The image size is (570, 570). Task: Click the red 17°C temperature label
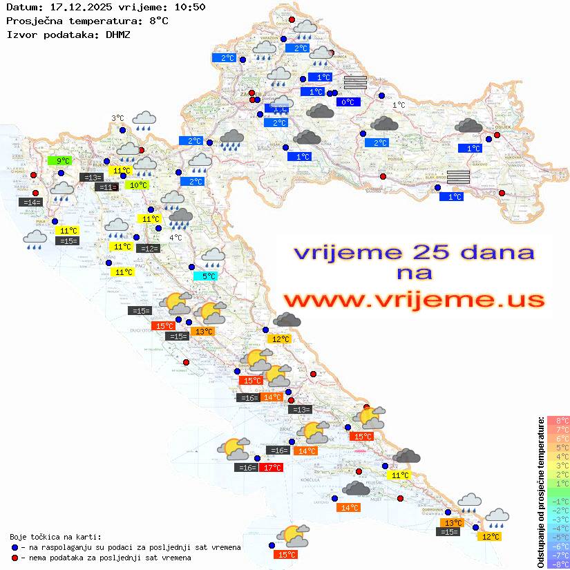271,468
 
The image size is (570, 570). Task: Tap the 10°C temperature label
137,185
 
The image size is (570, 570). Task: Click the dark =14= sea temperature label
30,202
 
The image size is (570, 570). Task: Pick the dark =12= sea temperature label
148,249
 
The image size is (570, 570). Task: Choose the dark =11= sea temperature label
106,187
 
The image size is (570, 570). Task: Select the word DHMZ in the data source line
117,34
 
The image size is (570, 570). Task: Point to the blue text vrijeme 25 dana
414,252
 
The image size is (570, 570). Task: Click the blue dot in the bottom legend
15,547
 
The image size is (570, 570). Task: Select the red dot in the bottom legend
15,558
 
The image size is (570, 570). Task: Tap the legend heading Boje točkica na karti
55,537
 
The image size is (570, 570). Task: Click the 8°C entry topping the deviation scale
558,421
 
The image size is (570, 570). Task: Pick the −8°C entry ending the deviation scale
558,564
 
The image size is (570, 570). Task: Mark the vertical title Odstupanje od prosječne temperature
540,492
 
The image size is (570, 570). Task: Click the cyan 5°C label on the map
209,276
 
